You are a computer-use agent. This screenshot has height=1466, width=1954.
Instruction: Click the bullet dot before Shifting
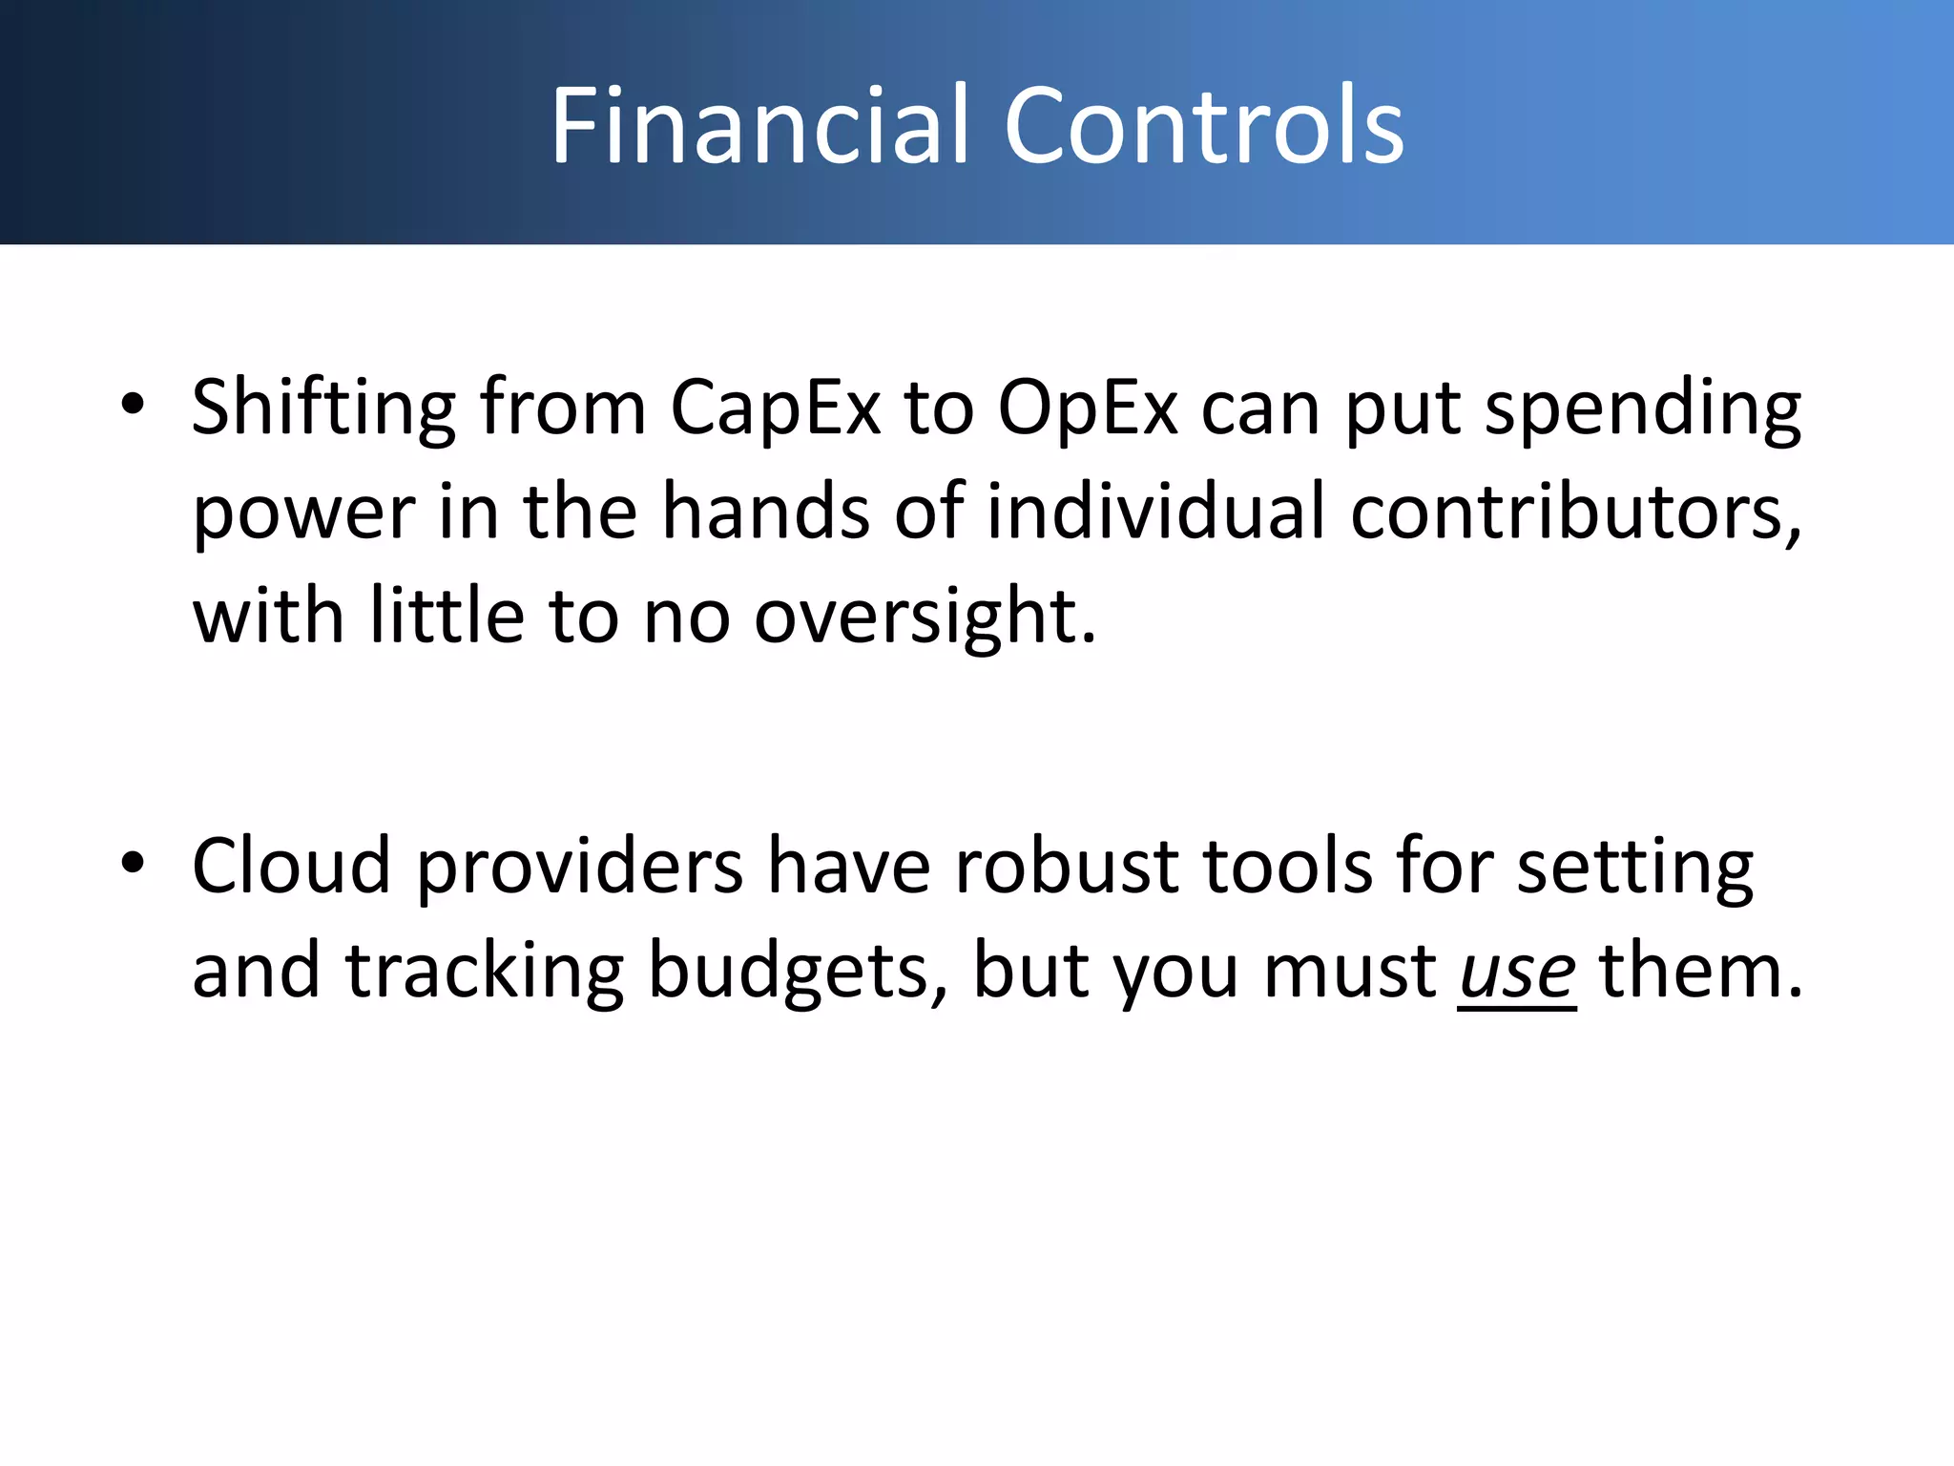point(133,404)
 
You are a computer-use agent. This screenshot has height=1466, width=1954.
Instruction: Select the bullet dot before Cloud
point(133,863)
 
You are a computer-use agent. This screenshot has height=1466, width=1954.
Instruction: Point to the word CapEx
point(775,408)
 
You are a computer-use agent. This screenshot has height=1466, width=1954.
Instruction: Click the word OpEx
point(1088,408)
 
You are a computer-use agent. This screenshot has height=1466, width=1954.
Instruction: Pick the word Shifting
point(323,408)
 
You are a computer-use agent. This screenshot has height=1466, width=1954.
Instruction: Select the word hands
point(766,512)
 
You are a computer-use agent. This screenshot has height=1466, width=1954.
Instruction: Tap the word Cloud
point(291,866)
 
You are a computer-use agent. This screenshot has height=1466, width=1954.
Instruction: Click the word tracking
point(485,972)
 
